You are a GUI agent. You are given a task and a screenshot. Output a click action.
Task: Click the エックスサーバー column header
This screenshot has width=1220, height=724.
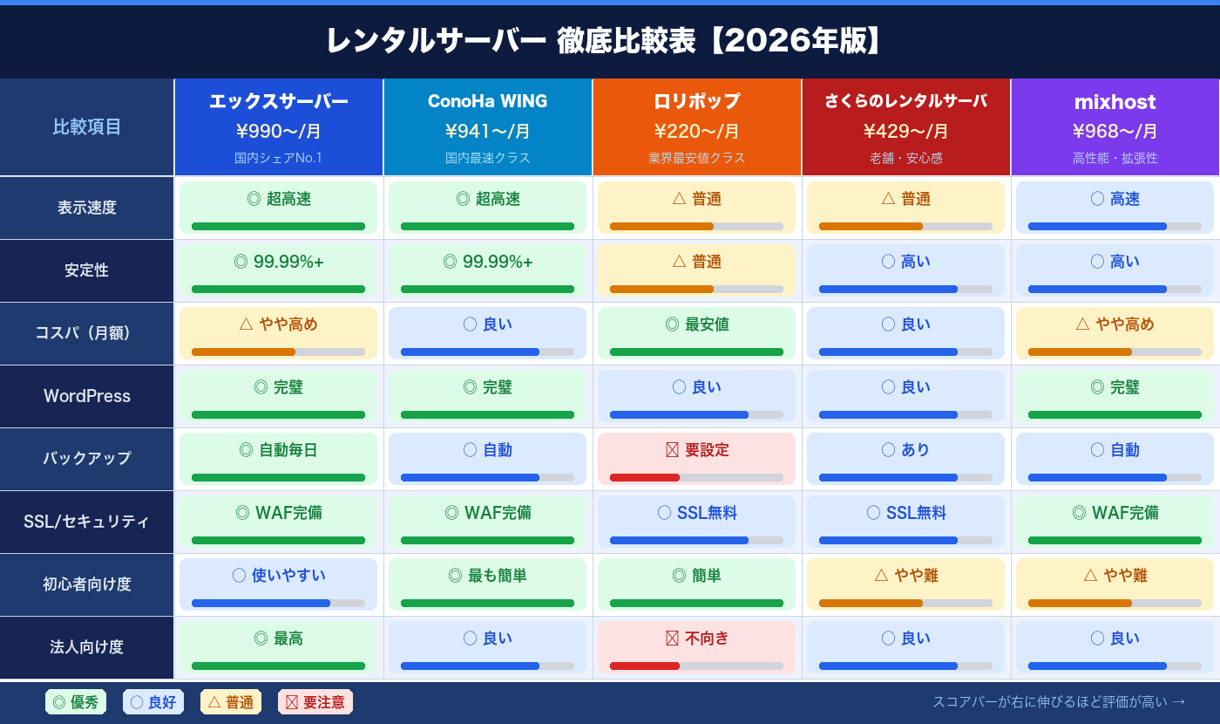(x=278, y=102)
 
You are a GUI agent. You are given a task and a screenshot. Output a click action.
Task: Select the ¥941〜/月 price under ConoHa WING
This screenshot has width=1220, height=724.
(x=487, y=132)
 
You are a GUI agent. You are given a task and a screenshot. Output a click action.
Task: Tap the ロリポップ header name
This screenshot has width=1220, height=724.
(x=696, y=102)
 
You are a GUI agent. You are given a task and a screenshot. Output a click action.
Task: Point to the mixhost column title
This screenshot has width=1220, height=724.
(x=1115, y=102)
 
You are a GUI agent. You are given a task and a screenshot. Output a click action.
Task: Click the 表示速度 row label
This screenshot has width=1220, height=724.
(x=87, y=208)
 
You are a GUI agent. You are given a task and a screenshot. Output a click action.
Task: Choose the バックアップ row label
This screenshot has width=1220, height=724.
(x=87, y=459)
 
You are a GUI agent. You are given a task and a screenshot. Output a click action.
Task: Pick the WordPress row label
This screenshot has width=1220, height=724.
(x=87, y=396)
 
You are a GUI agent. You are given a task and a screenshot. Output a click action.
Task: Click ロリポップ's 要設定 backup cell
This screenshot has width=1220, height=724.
(x=696, y=459)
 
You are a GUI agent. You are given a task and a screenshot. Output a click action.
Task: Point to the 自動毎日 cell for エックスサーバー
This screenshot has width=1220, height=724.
(x=278, y=459)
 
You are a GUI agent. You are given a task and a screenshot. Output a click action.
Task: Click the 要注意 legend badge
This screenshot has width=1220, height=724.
(x=315, y=702)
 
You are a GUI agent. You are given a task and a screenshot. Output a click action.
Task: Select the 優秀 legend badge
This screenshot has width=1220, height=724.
(x=76, y=702)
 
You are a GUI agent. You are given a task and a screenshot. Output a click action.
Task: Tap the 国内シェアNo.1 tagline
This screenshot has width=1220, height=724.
(x=278, y=159)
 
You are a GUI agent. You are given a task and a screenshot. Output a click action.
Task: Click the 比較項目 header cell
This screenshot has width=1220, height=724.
(x=87, y=127)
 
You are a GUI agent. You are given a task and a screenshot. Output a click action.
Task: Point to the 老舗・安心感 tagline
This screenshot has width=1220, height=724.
(x=905, y=159)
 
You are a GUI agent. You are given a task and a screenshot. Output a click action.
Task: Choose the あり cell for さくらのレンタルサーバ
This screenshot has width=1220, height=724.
(x=905, y=459)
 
